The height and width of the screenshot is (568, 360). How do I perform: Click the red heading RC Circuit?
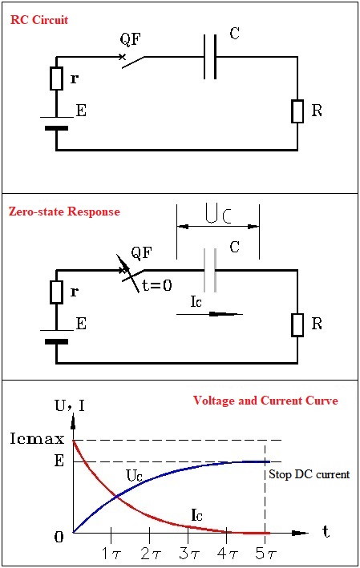click(38, 18)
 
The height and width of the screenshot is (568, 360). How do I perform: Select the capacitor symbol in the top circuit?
click(210, 57)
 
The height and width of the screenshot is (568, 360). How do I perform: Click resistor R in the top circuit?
click(297, 111)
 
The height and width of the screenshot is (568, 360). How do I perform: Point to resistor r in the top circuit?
click(56, 79)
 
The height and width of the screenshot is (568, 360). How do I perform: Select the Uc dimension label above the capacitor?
click(218, 214)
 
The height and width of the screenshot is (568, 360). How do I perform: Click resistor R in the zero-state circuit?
click(297, 324)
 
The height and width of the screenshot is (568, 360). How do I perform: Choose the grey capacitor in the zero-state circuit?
click(210, 270)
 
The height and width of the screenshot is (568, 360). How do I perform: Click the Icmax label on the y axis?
click(33, 440)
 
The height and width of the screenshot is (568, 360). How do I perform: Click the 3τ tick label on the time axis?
click(188, 552)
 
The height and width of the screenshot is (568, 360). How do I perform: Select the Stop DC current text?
click(308, 475)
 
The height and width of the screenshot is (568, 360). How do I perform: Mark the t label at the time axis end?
click(326, 530)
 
